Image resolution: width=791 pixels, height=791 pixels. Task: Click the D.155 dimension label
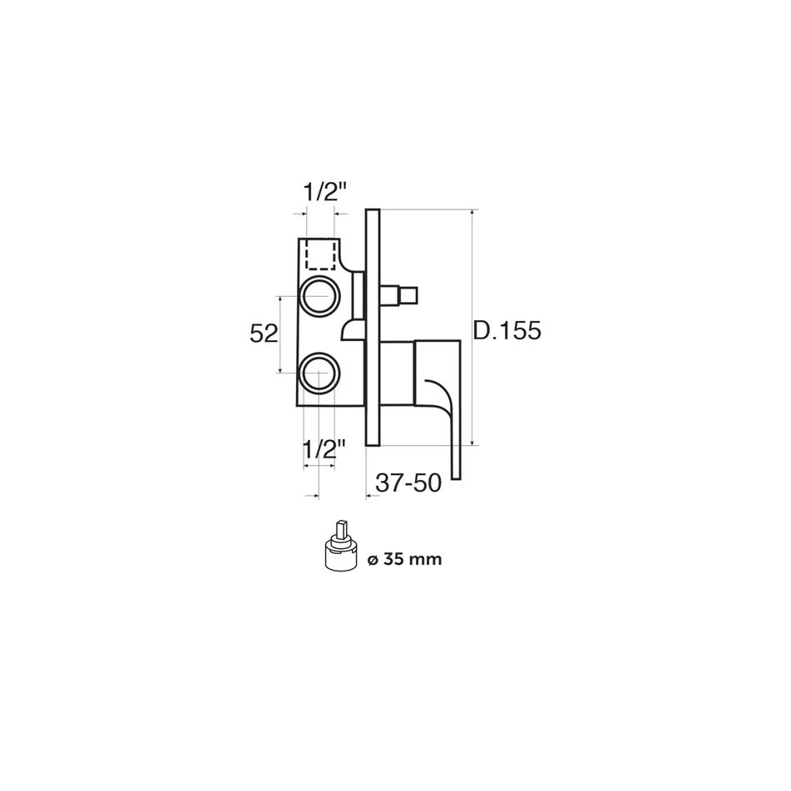click(507, 330)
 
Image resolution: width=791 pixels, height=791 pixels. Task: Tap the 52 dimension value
click(263, 334)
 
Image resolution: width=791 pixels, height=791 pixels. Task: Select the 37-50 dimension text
click(408, 483)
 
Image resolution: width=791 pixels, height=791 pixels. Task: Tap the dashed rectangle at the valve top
click(319, 255)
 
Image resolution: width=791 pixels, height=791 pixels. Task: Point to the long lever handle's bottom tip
click(457, 474)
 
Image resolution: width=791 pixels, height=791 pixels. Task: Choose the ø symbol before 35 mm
click(371, 560)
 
